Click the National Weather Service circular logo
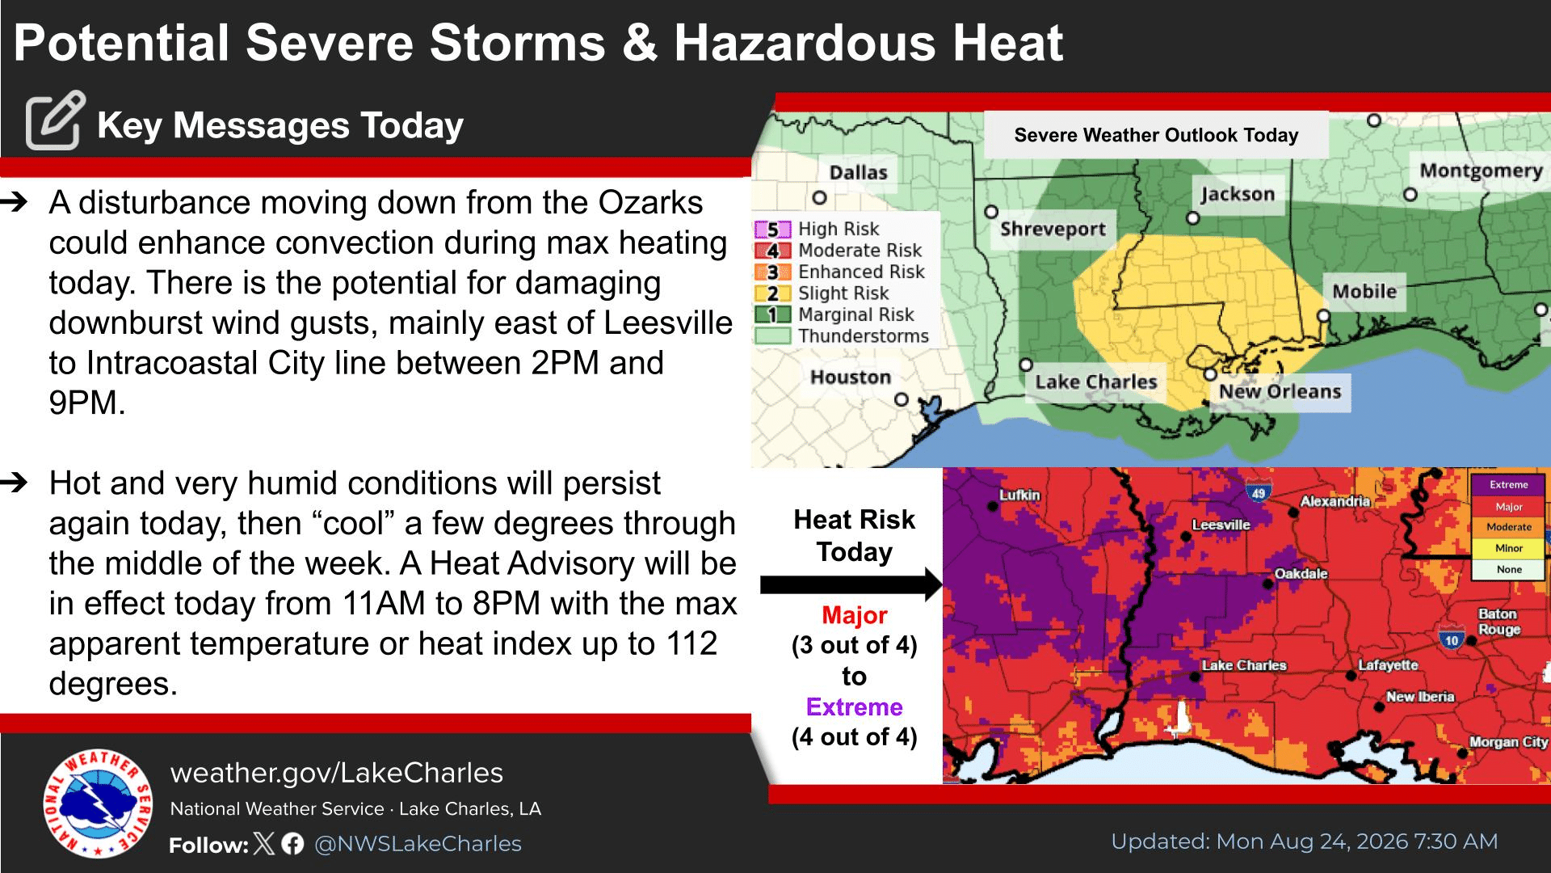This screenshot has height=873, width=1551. (98, 803)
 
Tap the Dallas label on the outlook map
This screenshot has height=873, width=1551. (858, 172)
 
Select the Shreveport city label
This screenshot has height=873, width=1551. (1053, 229)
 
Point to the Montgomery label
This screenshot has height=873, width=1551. (1481, 171)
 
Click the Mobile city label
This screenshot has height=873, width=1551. (1364, 291)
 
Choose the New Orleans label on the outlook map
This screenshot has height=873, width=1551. (1280, 391)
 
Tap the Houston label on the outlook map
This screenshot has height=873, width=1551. (851, 377)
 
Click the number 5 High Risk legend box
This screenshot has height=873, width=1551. (772, 230)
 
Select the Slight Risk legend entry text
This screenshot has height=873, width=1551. (843, 293)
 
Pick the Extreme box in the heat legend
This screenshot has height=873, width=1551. (1508, 485)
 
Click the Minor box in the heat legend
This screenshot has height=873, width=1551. (1508, 548)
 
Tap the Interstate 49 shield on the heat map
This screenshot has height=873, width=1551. (1259, 490)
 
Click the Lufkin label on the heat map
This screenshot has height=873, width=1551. (1019, 495)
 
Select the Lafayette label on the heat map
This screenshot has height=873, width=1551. (1388, 665)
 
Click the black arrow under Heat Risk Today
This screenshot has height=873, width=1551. (851, 584)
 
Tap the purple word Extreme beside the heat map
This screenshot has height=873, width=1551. (854, 706)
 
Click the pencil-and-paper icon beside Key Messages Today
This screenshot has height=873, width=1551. (55, 120)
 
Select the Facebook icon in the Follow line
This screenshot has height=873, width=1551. (293, 844)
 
